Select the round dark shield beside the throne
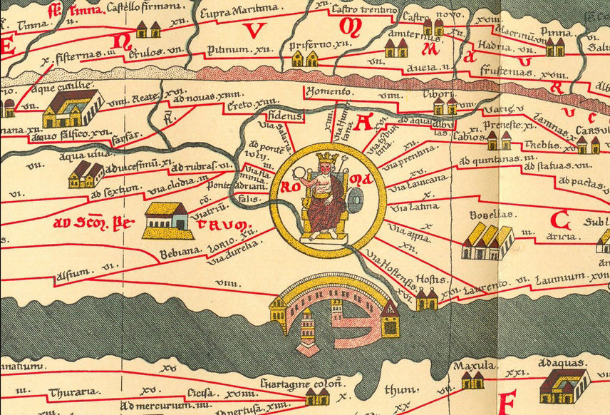[355, 197]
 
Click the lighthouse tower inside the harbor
[308, 330]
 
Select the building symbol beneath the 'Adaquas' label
[564, 385]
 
